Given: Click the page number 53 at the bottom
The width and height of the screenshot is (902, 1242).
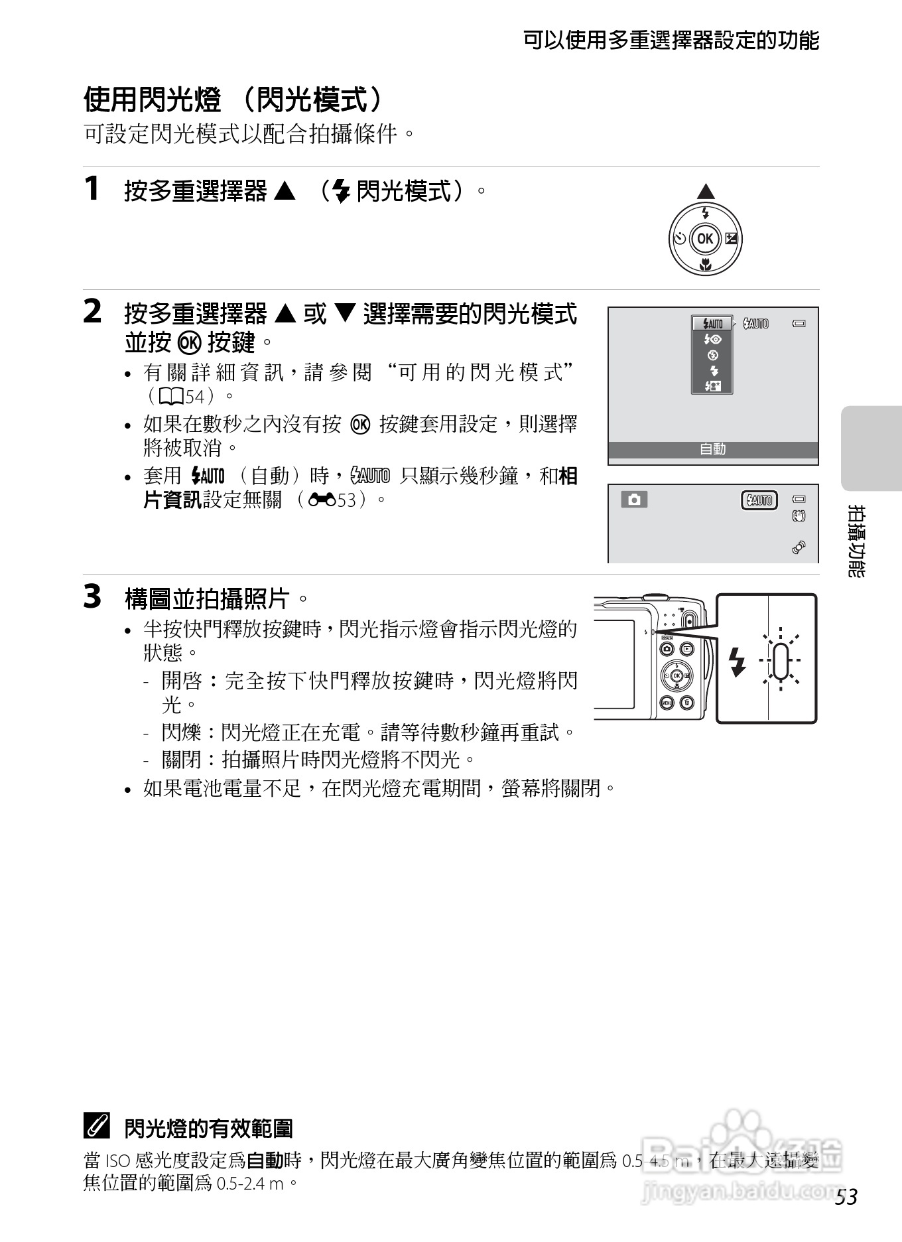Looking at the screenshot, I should coord(846,1197).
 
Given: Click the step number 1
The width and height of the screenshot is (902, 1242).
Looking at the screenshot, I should coord(92,188).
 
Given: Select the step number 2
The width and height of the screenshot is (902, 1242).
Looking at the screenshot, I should coord(92,311).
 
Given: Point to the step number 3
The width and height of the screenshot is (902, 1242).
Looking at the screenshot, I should coord(92,596).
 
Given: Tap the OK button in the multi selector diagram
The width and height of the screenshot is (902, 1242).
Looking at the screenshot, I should coord(705,239).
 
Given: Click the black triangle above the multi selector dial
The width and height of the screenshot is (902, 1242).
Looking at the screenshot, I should coord(706,192).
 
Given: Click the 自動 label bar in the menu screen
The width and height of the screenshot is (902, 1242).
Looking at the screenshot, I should coord(713,449).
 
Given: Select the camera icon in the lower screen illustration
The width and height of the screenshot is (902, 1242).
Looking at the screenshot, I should coord(634,500).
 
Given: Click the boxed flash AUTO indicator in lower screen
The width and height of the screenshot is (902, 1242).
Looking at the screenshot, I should coord(759,500).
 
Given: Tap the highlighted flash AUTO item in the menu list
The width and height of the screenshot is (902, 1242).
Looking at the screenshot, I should coord(712,324).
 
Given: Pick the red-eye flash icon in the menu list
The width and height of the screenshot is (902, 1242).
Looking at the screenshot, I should coord(712,339).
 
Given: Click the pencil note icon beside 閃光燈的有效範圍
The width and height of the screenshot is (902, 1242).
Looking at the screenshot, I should coord(97,1126).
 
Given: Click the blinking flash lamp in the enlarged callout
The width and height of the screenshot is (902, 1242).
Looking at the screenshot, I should coord(781,660).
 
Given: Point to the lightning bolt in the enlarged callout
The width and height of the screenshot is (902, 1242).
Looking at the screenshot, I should coord(736,661).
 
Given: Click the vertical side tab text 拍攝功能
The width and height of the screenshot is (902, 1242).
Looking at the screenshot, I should coord(856,541).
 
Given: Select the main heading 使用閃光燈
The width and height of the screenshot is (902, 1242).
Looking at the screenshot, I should coord(152,100).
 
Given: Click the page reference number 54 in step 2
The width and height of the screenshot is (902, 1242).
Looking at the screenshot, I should coord(195,397).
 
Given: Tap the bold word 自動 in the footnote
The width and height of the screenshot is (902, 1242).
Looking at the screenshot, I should coord(265,1160).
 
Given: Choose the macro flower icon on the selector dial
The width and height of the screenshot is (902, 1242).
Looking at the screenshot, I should coord(706,265).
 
